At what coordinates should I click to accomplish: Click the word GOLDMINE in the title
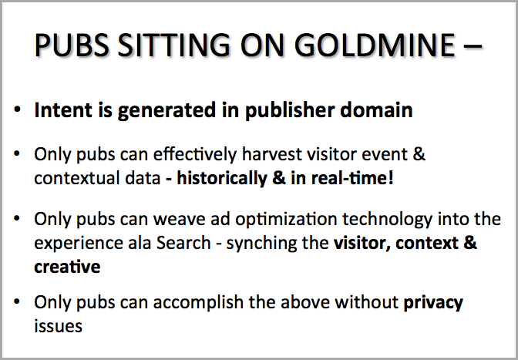point(375,45)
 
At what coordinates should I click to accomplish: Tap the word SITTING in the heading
point(173,45)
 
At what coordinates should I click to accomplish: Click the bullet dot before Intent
point(17,109)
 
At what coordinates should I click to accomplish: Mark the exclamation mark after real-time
point(391,178)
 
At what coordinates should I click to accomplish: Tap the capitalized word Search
point(183,243)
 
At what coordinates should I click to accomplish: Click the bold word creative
point(67,267)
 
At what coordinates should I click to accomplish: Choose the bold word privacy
point(433,303)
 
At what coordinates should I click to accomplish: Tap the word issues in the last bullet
point(58,326)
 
